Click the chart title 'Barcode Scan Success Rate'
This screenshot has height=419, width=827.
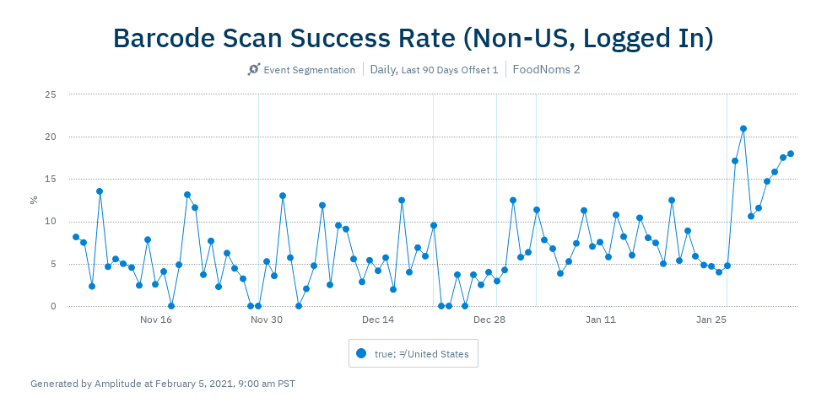(x=413, y=38)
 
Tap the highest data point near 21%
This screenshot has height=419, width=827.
(x=743, y=129)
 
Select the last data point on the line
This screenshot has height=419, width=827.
(x=791, y=153)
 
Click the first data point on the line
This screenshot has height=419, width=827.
(x=76, y=237)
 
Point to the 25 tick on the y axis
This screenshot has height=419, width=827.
(x=51, y=94)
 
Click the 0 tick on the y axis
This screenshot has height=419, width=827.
(x=53, y=306)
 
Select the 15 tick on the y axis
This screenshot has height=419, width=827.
(x=51, y=179)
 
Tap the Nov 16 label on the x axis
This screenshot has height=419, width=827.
(x=156, y=320)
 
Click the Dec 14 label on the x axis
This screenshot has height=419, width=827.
(x=378, y=320)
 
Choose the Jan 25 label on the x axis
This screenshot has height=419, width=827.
(x=711, y=320)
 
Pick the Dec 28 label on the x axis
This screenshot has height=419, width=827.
(x=489, y=320)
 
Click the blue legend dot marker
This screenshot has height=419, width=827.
(x=361, y=354)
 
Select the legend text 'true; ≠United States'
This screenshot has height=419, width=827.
(x=421, y=354)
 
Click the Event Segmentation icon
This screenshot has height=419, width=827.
(x=253, y=70)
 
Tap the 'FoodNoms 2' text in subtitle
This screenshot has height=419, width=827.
(x=546, y=70)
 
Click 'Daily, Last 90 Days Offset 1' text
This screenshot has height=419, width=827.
(x=434, y=70)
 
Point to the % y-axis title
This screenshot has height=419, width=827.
(x=35, y=200)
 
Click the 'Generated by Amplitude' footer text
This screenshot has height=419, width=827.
(x=163, y=384)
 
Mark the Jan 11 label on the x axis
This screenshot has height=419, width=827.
(x=601, y=320)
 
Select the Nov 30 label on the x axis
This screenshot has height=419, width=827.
(x=267, y=320)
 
